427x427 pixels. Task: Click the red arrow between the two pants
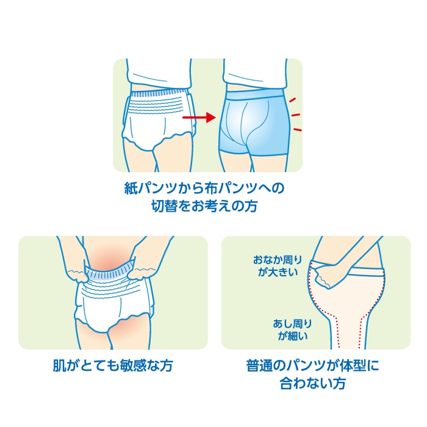199,117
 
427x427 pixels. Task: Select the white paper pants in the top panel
159,120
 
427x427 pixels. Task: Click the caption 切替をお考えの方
204,206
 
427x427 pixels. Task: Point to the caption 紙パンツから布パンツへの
204,188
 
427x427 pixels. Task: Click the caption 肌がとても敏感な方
113,365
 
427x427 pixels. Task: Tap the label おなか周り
278,260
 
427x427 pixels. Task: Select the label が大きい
278,272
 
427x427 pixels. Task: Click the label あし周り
292,323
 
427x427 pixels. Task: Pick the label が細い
292,335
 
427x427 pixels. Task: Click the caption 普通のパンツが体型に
312,365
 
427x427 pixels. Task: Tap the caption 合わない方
313,383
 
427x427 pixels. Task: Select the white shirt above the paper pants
159,74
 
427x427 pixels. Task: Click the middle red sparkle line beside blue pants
296,115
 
